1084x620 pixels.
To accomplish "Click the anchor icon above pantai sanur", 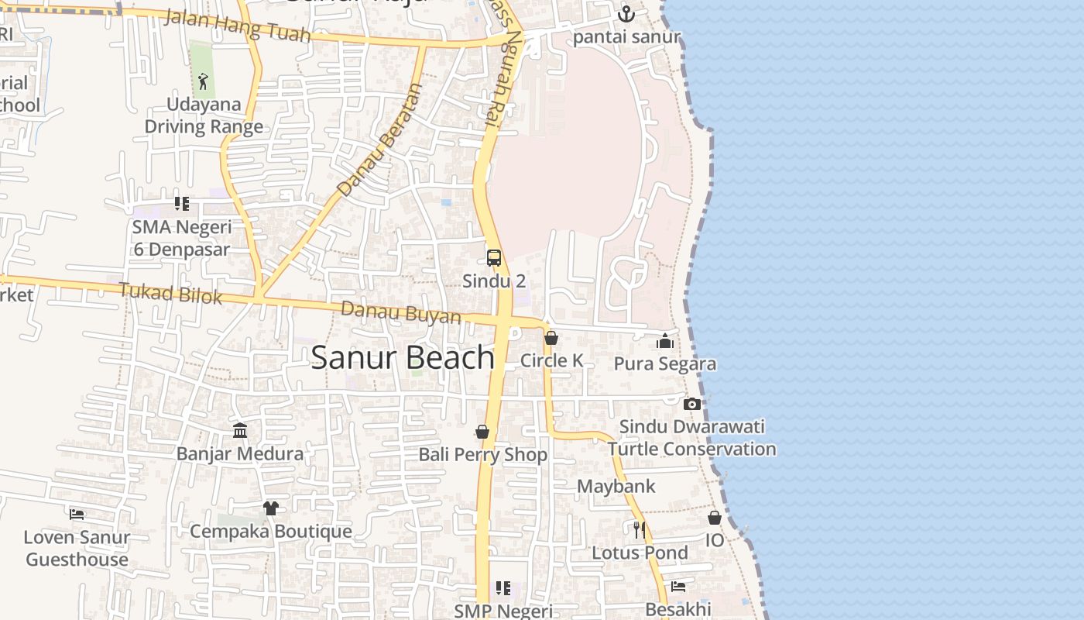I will pyautogui.click(x=626, y=14).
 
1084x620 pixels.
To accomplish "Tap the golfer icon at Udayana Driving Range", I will pyautogui.click(x=204, y=81).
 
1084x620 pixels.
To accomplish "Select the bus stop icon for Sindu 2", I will pyautogui.click(x=494, y=258).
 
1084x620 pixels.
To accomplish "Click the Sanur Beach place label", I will pyautogui.click(x=403, y=357).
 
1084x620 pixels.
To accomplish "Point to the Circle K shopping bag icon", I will pyautogui.click(x=551, y=338).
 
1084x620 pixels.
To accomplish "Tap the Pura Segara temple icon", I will pyautogui.click(x=665, y=341).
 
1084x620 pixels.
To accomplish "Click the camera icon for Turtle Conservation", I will pyautogui.click(x=692, y=404).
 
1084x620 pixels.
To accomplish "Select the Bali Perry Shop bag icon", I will pyautogui.click(x=482, y=432).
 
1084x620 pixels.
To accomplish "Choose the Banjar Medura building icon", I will pyautogui.click(x=240, y=430).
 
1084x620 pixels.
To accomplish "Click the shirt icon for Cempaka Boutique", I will pyautogui.click(x=270, y=508).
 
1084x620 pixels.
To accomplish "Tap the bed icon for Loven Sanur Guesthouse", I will pyautogui.click(x=77, y=514).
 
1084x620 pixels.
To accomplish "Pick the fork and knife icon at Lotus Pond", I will pyautogui.click(x=640, y=530).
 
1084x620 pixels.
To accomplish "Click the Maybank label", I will pyautogui.click(x=616, y=487).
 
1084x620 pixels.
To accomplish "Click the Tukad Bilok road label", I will pyautogui.click(x=170, y=294).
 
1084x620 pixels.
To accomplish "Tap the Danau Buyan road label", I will pyautogui.click(x=401, y=312).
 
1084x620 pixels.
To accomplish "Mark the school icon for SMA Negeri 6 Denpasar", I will pyautogui.click(x=181, y=204).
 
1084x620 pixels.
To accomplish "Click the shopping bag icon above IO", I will pyautogui.click(x=715, y=517).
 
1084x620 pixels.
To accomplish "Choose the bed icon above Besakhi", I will pyautogui.click(x=678, y=587).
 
